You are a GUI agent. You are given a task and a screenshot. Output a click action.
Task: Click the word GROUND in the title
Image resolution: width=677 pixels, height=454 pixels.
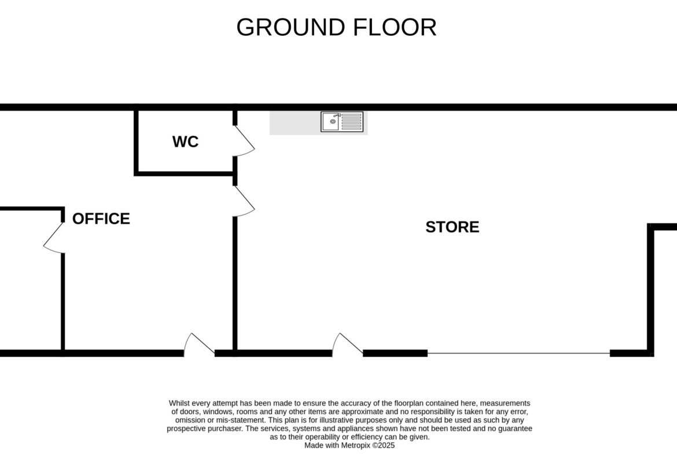tap(292, 27)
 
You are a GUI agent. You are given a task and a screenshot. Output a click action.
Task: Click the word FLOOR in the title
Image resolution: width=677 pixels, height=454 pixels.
tap(395, 27)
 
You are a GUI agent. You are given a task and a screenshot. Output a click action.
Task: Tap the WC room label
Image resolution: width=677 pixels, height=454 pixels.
tap(185, 142)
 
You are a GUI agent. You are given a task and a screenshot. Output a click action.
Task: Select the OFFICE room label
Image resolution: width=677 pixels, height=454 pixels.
tap(101, 219)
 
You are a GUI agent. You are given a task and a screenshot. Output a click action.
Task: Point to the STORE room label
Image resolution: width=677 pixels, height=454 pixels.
tap(452, 227)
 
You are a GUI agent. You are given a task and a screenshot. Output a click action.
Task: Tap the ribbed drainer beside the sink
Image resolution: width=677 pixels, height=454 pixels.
tap(351, 121)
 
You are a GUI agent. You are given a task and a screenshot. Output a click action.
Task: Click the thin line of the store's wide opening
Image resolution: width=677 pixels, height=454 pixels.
tap(518, 353)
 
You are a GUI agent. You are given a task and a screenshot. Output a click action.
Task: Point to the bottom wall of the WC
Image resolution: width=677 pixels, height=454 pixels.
tap(185, 174)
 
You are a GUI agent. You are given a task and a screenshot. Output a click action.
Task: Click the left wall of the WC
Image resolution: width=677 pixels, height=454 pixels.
tap(137, 142)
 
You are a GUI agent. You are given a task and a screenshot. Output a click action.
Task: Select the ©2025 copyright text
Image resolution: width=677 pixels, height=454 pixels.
tap(384, 445)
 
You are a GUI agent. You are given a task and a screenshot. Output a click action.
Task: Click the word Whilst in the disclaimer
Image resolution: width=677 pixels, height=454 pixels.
tap(179, 403)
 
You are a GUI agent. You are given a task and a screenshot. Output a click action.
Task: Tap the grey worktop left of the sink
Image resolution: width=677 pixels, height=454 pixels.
tap(295, 123)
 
